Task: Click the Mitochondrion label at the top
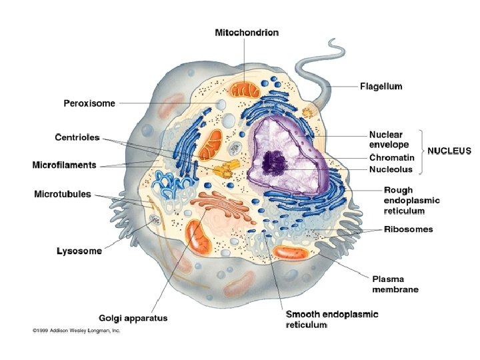[247, 32]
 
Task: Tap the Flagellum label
[381, 86]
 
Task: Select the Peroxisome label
[89, 103]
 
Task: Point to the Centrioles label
[77, 137]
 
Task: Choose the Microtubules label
[63, 194]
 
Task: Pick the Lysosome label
[79, 251]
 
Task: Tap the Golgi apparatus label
[133, 318]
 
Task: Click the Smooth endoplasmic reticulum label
[331, 319]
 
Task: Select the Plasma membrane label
[395, 284]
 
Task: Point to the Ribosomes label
[408, 229]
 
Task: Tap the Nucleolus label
[391, 169]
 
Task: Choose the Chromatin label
[392, 158]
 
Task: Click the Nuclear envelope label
[389, 140]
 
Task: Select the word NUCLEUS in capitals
[449, 151]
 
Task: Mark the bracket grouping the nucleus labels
[421, 150]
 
